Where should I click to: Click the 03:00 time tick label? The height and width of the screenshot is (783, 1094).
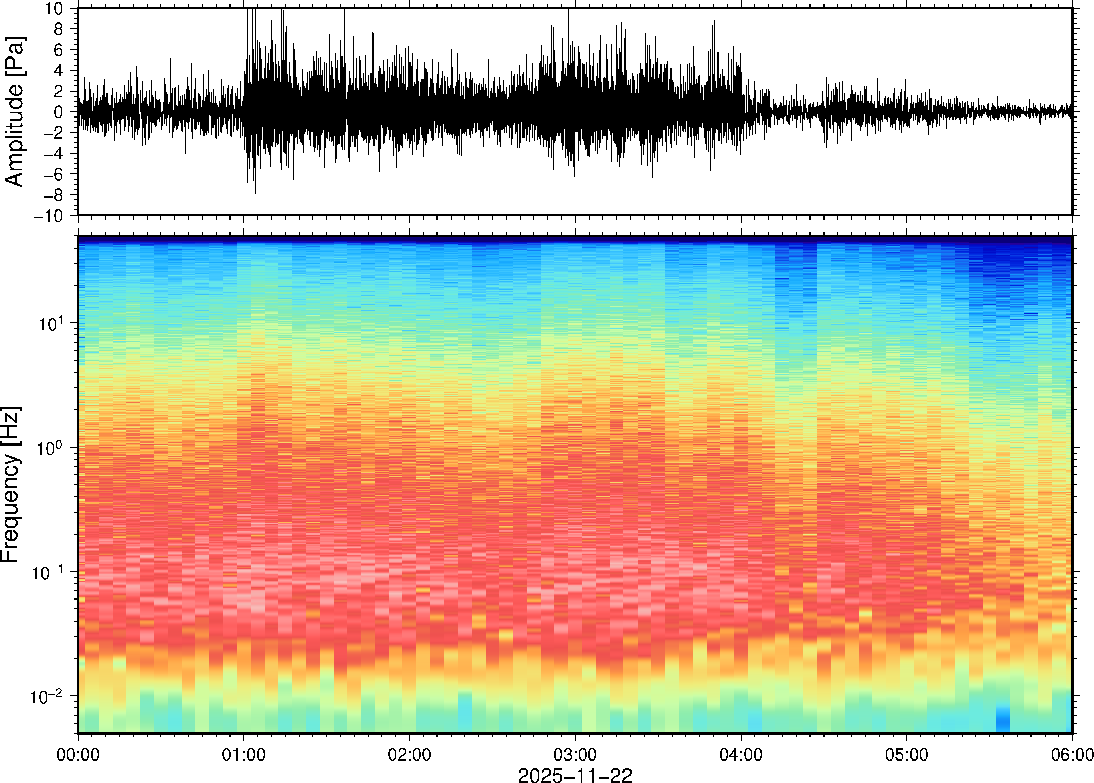coord(575,755)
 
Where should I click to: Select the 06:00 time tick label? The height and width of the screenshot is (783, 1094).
coord(1072,755)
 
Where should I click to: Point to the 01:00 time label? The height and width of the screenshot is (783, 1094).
coord(244,755)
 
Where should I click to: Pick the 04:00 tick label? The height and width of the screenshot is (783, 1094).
coord(741,755)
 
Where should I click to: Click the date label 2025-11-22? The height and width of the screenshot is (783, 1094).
coord(575,775)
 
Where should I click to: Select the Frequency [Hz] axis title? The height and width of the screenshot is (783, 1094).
coord(11,484)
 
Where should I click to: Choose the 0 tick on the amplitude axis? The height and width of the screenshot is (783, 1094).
coord(59,112)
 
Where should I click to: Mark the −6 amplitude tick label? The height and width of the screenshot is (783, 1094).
coord(54,174)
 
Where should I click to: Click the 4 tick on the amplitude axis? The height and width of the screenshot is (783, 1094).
coord(59,71)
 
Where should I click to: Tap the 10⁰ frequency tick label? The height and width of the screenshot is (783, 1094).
coord(50,448)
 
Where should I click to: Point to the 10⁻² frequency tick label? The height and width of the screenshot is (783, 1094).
coord(46,697)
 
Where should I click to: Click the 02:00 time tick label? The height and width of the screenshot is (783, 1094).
coord(409,755)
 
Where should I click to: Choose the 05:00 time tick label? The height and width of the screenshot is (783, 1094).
coord(906,755)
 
